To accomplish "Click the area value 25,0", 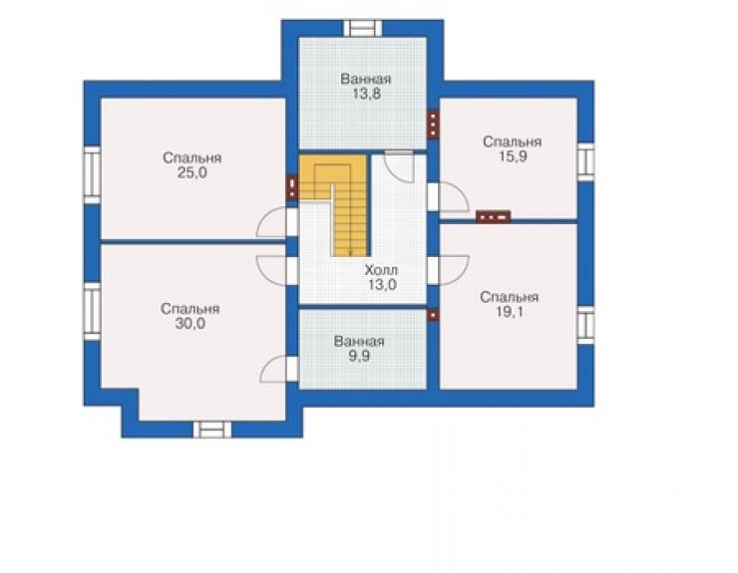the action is pyautogui.click(x=192, y=173).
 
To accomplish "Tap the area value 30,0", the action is pyautogui.click(x=190, y=324).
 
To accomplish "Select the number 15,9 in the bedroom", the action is pyautogui.click(x=513, y=156).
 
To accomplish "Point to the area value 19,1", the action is pyautogui.click(x=510, y=312).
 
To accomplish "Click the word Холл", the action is pyautogui.click(x=381, y=270).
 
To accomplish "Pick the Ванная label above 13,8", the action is pyautogui.click(x=366, y=79).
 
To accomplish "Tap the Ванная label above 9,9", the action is pyautogui.click(x=359, y=341).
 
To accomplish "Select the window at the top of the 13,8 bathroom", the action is pyautogui.click(x=362, y=28).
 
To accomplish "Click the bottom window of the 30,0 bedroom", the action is pyautogui.click(x=212, y=430).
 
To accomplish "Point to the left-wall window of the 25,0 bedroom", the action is pyautogui.click(x=92, y=175).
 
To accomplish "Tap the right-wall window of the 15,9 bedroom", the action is pyautogui.click(x=586, y=161).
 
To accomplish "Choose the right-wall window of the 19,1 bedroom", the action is pyautogui.click(x=586, y=325).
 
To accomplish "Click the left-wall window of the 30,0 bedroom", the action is pyautogui.click(x=92, y=312).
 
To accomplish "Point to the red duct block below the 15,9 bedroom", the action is pyautogui.click(x=493, y=217).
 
